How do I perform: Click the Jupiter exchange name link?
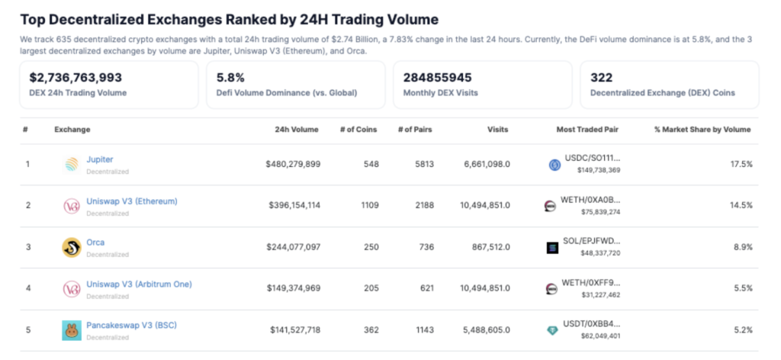100,159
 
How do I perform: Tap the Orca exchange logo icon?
72,247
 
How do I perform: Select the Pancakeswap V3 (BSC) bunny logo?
72,330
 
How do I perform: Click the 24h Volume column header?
297,130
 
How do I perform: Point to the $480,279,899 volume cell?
293,164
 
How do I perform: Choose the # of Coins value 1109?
368,205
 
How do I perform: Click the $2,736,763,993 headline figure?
76,77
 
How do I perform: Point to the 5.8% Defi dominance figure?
230,77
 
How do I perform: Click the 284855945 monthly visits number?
437,77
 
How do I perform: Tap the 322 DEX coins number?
601,77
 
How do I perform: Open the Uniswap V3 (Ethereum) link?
132,201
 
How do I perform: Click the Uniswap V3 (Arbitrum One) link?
139,284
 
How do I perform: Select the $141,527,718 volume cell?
294,330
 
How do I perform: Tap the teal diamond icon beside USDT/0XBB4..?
552,330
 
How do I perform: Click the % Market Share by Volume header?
702,130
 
